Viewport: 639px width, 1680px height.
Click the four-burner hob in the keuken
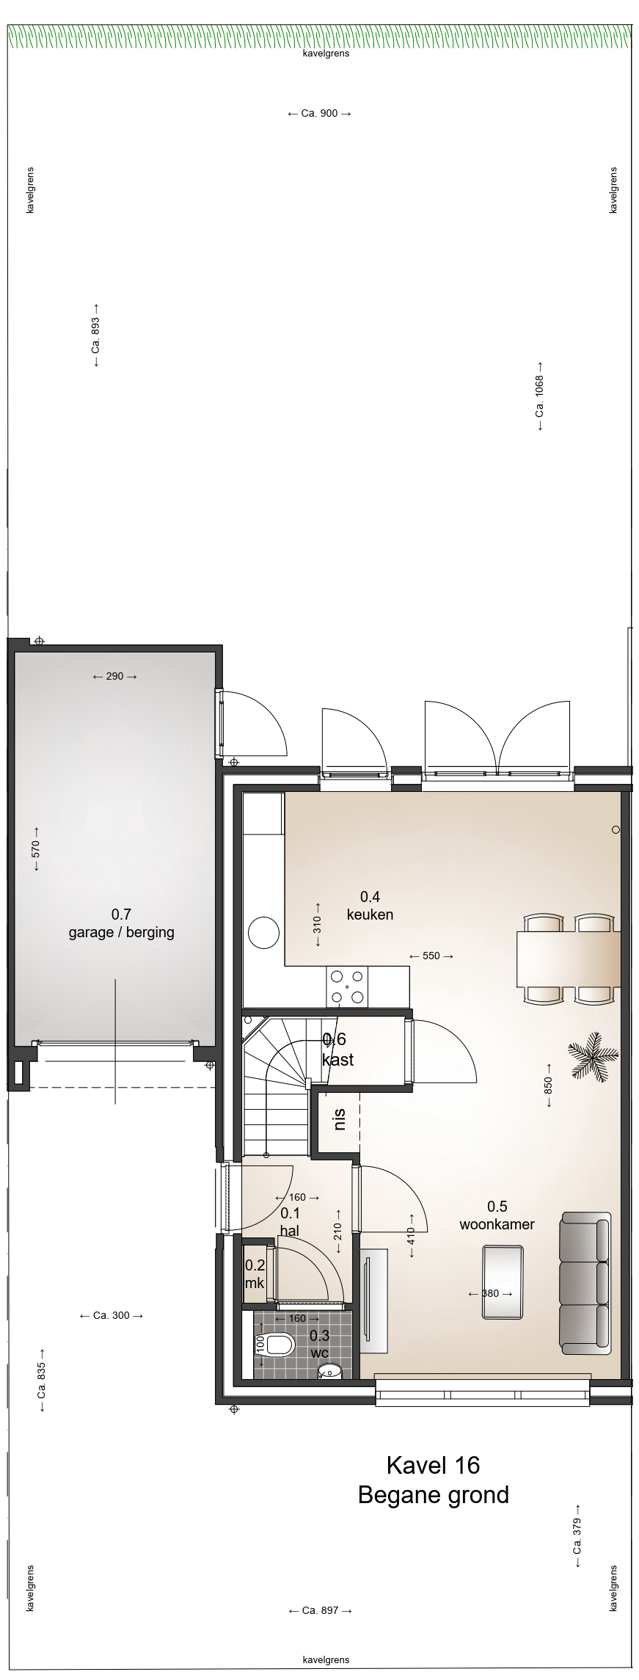(347, 986)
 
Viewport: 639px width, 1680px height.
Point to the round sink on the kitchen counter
(263, 934)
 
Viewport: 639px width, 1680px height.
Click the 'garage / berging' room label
(122, 932)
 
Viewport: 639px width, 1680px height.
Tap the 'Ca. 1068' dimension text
(540, 396)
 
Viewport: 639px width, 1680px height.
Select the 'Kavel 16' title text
(433, 1465)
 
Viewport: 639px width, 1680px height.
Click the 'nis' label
(339, 1119)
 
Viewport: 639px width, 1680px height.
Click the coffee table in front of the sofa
(503, 1292)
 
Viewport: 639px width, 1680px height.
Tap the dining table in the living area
(569, 959)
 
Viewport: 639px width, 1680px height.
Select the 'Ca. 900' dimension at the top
(320, 114)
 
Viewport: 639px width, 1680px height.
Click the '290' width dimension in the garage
(115, 676)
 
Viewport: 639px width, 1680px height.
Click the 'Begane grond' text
(433, 1495)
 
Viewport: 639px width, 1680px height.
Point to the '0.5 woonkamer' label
(497, 1215)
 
